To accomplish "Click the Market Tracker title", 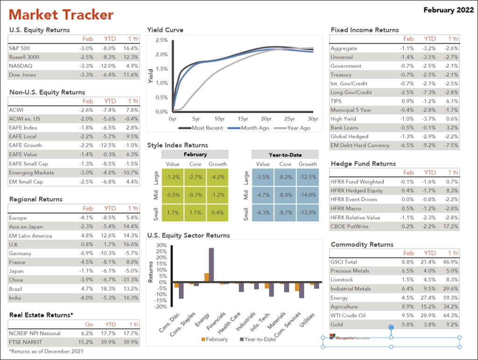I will (x=61, y=14).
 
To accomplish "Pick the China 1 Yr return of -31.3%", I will (x=130, y=280).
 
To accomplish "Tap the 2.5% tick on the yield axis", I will (x=162, y=40).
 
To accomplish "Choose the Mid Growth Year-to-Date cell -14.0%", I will (x=308, y=195).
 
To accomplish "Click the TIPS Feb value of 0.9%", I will (x=408, y=101).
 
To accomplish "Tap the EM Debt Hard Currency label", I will (x=360, y=146).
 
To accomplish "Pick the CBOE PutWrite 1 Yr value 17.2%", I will (x=451, y=226).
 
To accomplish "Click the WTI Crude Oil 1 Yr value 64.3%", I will (x=451, y=316).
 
